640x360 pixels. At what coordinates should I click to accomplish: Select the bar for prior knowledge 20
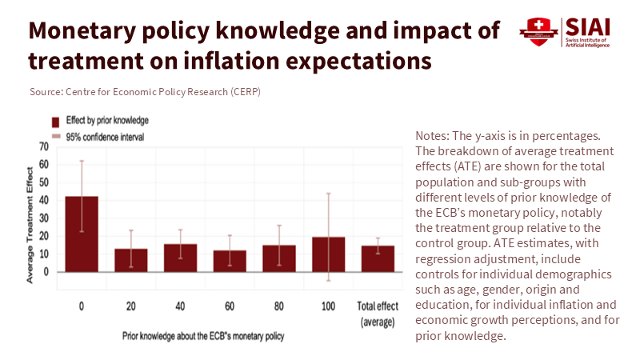point(130,261)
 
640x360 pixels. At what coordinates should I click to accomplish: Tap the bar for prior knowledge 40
point(180,258)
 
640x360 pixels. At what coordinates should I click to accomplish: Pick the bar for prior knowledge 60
point(230,262)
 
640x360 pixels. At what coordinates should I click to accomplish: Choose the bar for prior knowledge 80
point(279,259)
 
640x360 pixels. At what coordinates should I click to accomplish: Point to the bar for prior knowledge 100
point(329,255)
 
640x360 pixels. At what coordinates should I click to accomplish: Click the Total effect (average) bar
point(378,259)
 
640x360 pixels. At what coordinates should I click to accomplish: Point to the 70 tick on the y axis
point(43,147)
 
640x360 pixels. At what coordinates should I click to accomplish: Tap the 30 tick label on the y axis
point(43,218)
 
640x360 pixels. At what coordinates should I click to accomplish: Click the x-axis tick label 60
point(230,306)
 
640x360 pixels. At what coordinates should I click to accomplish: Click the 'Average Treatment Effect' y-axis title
point(30,224)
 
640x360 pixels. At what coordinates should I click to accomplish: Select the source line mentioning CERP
point(145,91)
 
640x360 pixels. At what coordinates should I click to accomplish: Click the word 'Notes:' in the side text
point(433,137)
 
